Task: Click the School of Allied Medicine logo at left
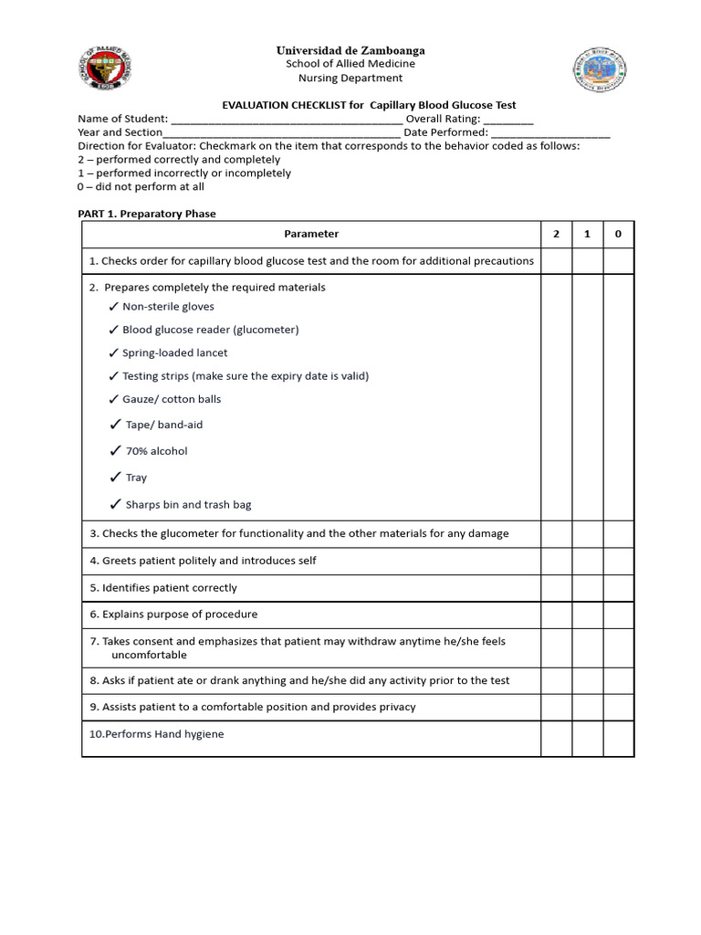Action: click(104, 69)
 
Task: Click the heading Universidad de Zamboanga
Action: click(350, 50)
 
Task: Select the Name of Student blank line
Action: click(287, 119)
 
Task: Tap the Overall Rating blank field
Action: click(508, 119)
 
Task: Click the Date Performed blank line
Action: click(550, 132)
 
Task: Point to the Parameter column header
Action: click(311, 234)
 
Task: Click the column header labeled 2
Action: click(556, 234)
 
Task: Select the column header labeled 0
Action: click(618, 234)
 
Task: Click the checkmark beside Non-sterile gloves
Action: click(113, 307)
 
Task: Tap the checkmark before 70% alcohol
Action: click(115, 451)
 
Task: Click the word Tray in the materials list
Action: click(136, 478)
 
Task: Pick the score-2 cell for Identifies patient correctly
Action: click(556, 588)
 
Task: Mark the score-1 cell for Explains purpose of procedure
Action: click(587, 615)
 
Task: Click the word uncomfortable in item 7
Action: click(149, 655)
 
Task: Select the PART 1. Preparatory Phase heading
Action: click(147, 214)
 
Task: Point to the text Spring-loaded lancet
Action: click(175, 352)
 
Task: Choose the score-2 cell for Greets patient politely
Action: click(556, 561)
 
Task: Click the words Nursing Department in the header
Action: click(350, 79)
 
